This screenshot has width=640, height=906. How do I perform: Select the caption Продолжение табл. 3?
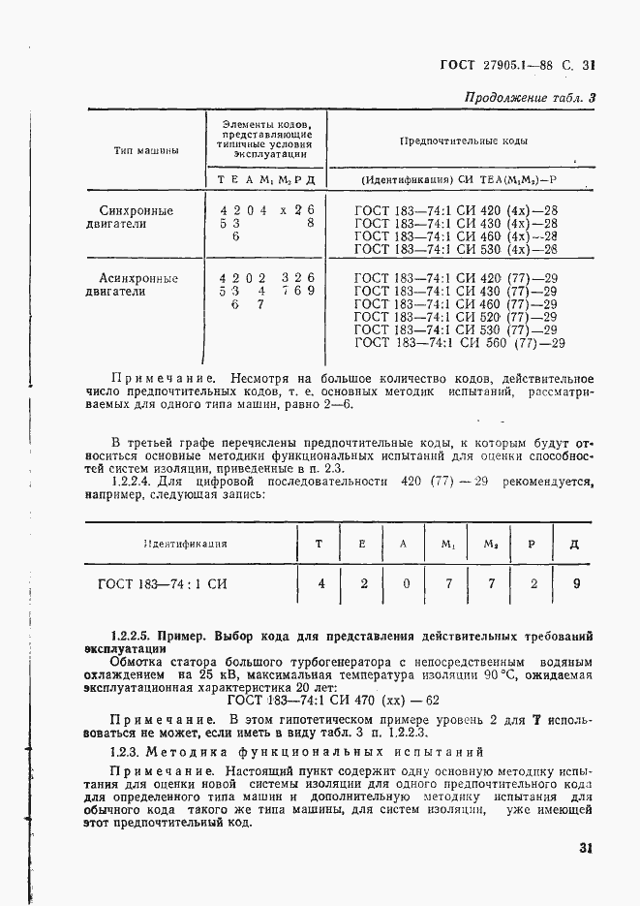[x=529, y=97]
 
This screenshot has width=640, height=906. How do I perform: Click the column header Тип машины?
[x=145, y=150]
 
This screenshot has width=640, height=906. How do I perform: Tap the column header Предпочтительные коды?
[x=463, y=141]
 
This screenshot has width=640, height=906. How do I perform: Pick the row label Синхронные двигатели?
[x=137, y=216]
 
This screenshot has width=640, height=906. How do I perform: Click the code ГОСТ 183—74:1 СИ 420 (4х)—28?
[x=456, y=209]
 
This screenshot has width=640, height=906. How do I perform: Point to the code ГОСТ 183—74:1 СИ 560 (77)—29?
[x=460, y=342]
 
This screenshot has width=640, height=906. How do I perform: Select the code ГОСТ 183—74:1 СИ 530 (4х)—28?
[x=456, y=248]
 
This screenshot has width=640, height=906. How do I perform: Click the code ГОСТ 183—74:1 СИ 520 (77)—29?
[x=456, y=316]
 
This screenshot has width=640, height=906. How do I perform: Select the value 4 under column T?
[x=320, y=583]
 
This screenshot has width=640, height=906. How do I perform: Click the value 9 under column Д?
[x=575, y=583]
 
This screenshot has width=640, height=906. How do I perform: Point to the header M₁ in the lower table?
[x=448, y=544]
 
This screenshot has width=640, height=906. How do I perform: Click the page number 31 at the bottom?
[x=584, y=847]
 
